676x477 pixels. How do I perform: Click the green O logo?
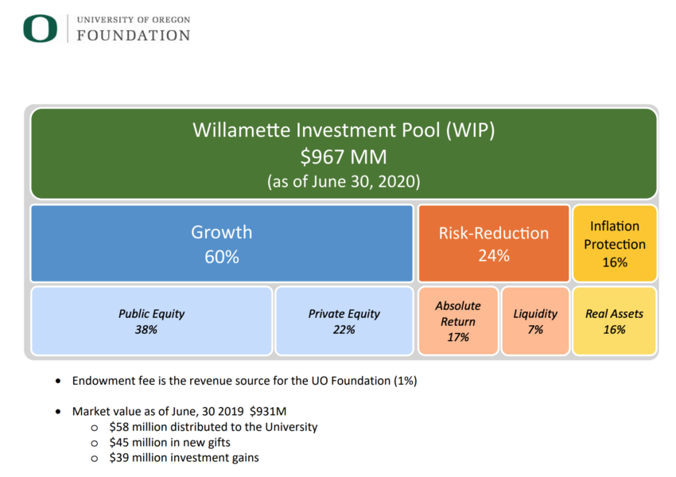click(40, 29)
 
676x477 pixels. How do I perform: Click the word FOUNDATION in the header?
click(134, 35)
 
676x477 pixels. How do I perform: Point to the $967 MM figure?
click(344, 157)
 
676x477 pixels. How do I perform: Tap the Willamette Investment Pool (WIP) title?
click(344, 130)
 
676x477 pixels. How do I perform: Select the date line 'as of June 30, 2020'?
click(344, 181)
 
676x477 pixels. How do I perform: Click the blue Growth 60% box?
click(222, 243)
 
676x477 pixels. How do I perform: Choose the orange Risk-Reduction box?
click(494, 243)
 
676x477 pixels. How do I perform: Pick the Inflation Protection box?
click(615, 243)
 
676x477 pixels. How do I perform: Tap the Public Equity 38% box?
click(152, 321)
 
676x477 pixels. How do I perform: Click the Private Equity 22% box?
click(344, 321)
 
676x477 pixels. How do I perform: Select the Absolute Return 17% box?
click(458, 321)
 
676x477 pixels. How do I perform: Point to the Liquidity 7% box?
click(535, 321)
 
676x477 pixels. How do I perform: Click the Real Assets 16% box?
click(614, 321)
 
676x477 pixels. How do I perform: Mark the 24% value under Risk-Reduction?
click(494, 256)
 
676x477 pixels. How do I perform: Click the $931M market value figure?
click(268, 412)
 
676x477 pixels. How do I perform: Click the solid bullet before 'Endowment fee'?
click(58, 381)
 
